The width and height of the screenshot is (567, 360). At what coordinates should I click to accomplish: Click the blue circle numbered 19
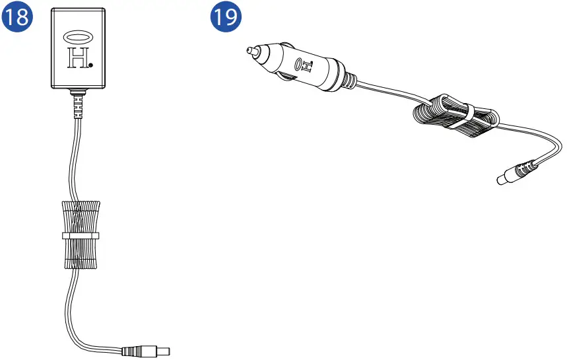pos(224,18)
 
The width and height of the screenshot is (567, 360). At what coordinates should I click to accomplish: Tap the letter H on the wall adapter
pos(77,59)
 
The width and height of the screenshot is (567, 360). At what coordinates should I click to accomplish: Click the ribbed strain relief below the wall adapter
pos(78,106)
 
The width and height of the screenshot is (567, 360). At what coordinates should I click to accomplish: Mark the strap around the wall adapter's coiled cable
pos(81,234)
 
